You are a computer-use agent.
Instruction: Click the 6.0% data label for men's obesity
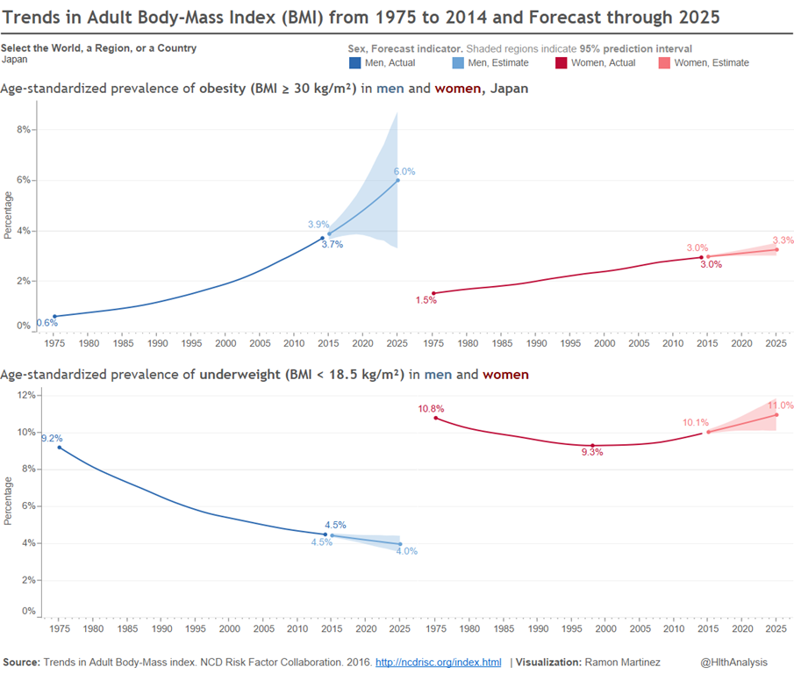[x=404, y=172]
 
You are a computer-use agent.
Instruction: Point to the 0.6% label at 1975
[x=46, y=323]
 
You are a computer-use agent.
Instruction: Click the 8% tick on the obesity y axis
[x=24, y=129]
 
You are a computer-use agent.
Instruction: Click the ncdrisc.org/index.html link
[x=438, y=663]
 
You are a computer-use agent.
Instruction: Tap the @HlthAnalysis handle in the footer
[x=735, y=663]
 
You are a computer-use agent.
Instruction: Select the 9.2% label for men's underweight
[x=52, y=438]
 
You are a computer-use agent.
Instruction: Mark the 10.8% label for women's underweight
[x=431, y=409]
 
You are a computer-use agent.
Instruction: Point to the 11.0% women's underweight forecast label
[x=780, y=405]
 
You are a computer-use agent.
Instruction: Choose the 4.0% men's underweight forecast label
[x=406, y=552]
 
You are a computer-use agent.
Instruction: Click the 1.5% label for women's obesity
[x=426, y=300]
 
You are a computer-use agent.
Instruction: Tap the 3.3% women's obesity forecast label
[x=783, y=240]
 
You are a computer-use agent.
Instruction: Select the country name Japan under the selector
[x=15, y=60]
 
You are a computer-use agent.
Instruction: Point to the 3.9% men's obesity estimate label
[x=318, y=225]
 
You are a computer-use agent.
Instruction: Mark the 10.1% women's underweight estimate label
[x=696, y=423]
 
